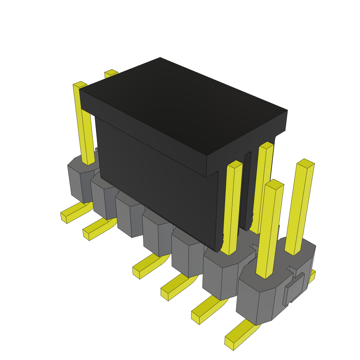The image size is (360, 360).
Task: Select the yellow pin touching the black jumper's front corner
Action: pos(232,207)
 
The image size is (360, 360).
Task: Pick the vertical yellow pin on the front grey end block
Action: pos(270,229)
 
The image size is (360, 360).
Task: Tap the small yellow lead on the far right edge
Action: pos(311,276)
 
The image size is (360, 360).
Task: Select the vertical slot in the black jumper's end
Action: pos(248,190)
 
